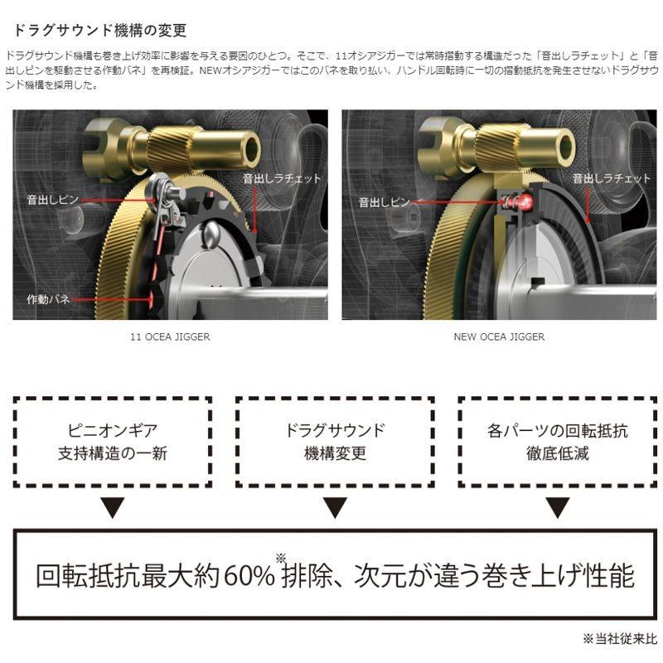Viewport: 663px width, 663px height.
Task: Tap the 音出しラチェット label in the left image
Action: click(x=281, y=178)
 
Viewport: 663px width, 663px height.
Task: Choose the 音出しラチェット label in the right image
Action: click(x=611, y=178)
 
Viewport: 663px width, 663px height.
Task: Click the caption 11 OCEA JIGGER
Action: click(x=170, y=337)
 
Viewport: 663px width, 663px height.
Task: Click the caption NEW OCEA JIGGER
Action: click(x=499, y=337)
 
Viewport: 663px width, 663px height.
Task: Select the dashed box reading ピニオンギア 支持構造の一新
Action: click(x=112, y=442)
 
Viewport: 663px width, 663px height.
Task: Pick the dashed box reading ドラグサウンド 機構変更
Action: click(x=335, y=442)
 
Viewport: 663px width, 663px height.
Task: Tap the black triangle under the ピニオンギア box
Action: click(x=112, y=507)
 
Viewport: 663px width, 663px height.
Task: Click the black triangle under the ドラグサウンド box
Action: click(x=335, y=507)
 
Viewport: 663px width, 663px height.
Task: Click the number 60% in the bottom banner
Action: click(x=249, y=576)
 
